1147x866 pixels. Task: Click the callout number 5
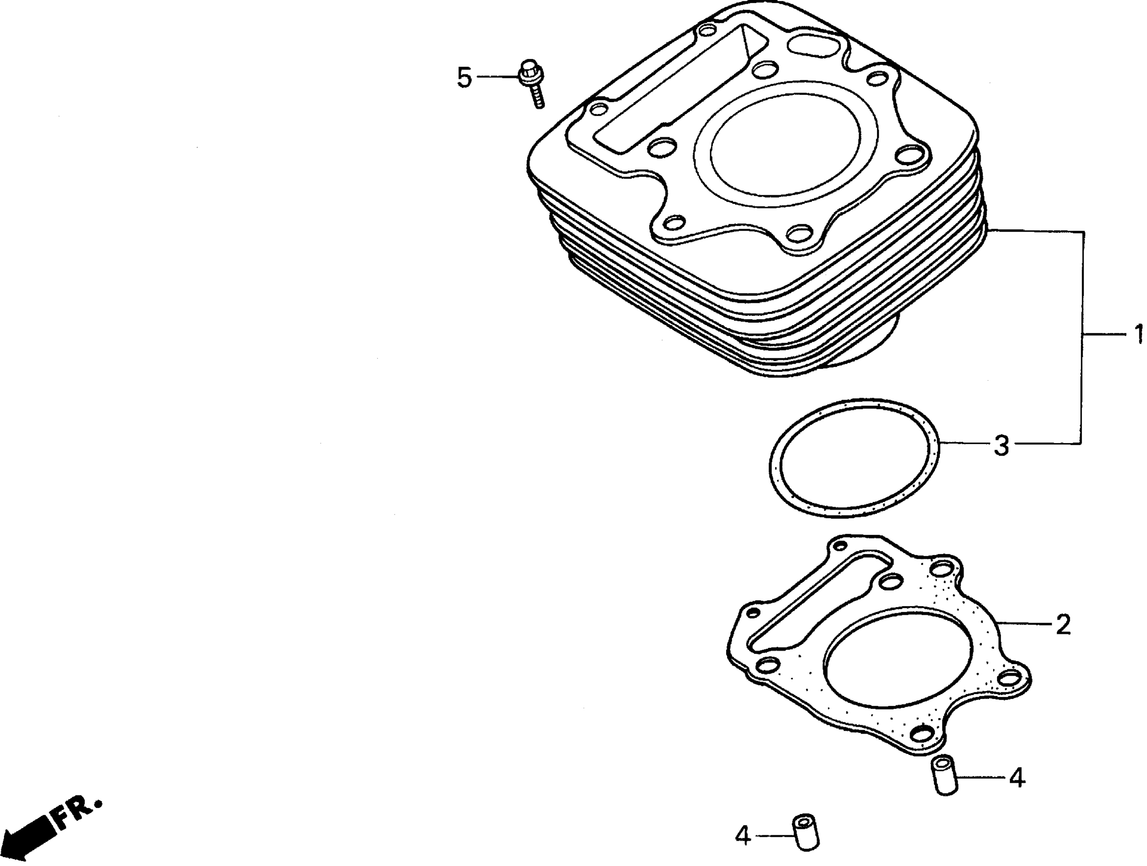click(464, 78)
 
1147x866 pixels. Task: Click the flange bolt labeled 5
click(531, 83)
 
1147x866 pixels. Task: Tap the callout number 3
click(1001, 445)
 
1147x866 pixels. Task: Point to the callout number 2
click(1062, 625)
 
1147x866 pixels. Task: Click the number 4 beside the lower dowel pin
click(743, 836)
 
